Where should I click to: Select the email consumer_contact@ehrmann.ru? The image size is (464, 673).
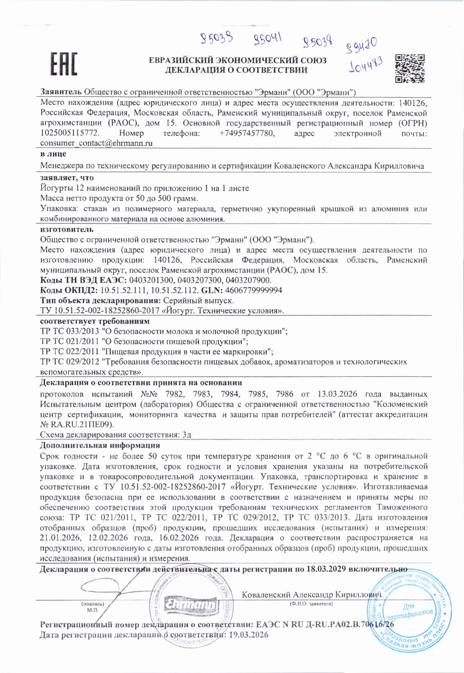tap(97, 143)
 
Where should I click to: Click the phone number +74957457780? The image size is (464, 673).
tap(247, 133)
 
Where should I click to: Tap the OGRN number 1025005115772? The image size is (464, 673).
tap(70, 133)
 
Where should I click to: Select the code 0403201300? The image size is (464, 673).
tap(151, 280)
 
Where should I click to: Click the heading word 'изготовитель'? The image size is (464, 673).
tap(67, 229)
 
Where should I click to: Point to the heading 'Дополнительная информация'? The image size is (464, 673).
tap(100, 445)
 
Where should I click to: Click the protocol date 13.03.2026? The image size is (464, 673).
tap(337, 394)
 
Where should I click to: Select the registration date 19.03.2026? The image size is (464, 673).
tap(248, 635)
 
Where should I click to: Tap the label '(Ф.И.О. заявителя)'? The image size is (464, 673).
tap(311, 604)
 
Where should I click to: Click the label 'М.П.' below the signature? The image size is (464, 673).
tap(93, 609)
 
